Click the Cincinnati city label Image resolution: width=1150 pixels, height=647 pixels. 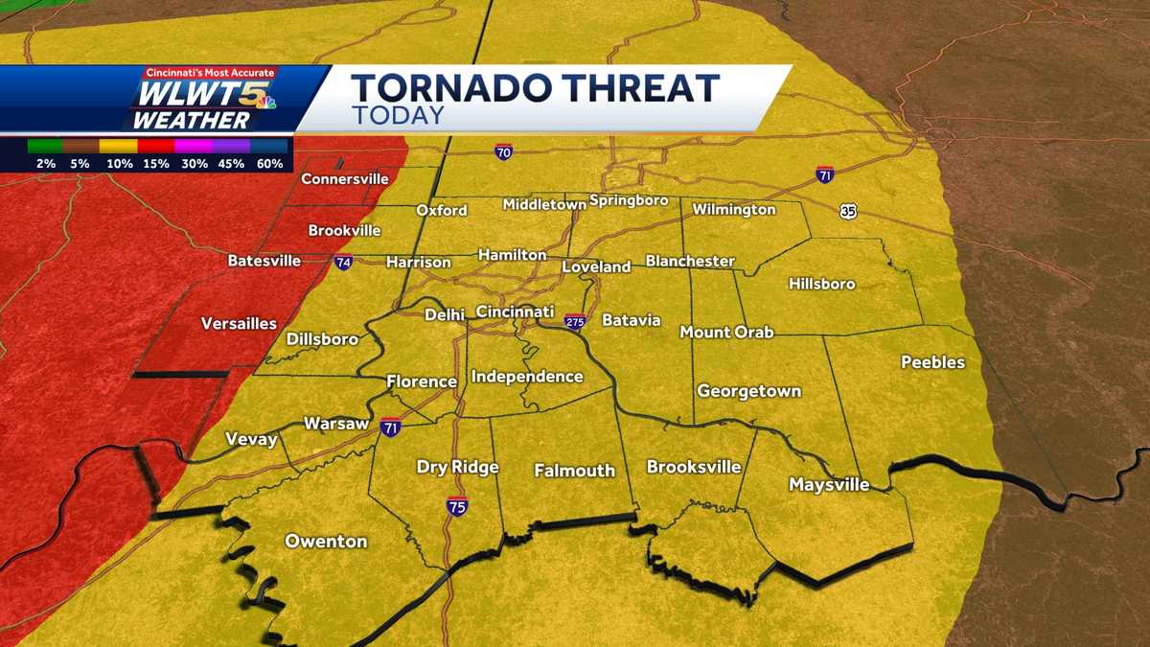pos(515,312)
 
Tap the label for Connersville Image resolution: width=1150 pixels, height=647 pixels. pos(344,179)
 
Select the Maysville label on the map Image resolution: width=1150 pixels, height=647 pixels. pos(828,485)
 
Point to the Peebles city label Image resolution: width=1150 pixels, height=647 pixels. pos(932,362)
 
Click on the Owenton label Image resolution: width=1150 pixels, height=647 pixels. pos(326,542)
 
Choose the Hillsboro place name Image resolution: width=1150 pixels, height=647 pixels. pos(821,284)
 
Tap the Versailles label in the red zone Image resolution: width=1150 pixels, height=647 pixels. pos(239,324)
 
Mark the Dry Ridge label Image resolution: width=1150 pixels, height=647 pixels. pos(457,468)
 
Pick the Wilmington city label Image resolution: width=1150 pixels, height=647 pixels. pos(733,209)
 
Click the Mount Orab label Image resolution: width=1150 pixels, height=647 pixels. pos(726,333)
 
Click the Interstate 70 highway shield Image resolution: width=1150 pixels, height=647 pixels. pos(503,152)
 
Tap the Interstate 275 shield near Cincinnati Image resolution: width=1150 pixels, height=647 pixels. pos(574,321)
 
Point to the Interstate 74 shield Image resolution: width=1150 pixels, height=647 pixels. pos(343,262)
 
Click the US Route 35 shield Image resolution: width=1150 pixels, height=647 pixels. pos(848,211)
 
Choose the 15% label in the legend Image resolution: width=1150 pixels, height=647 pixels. pos(155,164)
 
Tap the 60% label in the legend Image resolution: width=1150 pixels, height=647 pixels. pos(269,164)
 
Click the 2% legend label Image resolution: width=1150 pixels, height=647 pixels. pos(44,164)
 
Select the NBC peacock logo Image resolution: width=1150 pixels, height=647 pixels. pos(264,100)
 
